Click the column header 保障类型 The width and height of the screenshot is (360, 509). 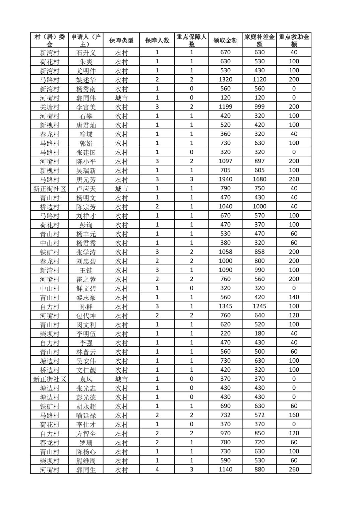click(121, 41)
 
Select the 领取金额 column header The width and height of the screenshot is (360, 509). click(225, 41)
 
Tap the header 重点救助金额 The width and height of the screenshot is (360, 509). click(294, 41)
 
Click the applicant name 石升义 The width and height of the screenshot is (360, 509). click(86, 53)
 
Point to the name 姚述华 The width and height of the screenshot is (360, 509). click(86, 80)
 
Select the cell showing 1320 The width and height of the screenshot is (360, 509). click(225, 80)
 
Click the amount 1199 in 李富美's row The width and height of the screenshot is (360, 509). click(225, 107)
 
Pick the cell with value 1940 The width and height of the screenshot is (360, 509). click(225, 179)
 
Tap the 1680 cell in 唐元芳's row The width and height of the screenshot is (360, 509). click(259, 179)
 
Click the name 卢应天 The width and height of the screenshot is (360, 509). click(86, 189)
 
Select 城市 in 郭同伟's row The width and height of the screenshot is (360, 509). click(121, 98)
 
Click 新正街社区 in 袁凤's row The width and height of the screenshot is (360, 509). click(50, 379)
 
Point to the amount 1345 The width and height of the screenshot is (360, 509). click(225, 306)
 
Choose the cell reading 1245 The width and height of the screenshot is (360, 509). click(259, 306)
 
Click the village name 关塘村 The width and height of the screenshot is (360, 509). click(50, 107)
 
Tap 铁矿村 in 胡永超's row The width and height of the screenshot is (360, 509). click(50, 406)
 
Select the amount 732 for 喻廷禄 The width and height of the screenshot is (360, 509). click(225, 415)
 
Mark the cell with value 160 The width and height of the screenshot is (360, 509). click(294, 415)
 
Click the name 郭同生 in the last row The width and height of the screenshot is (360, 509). click(86, 469)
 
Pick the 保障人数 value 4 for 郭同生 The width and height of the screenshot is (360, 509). click(157, 469)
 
